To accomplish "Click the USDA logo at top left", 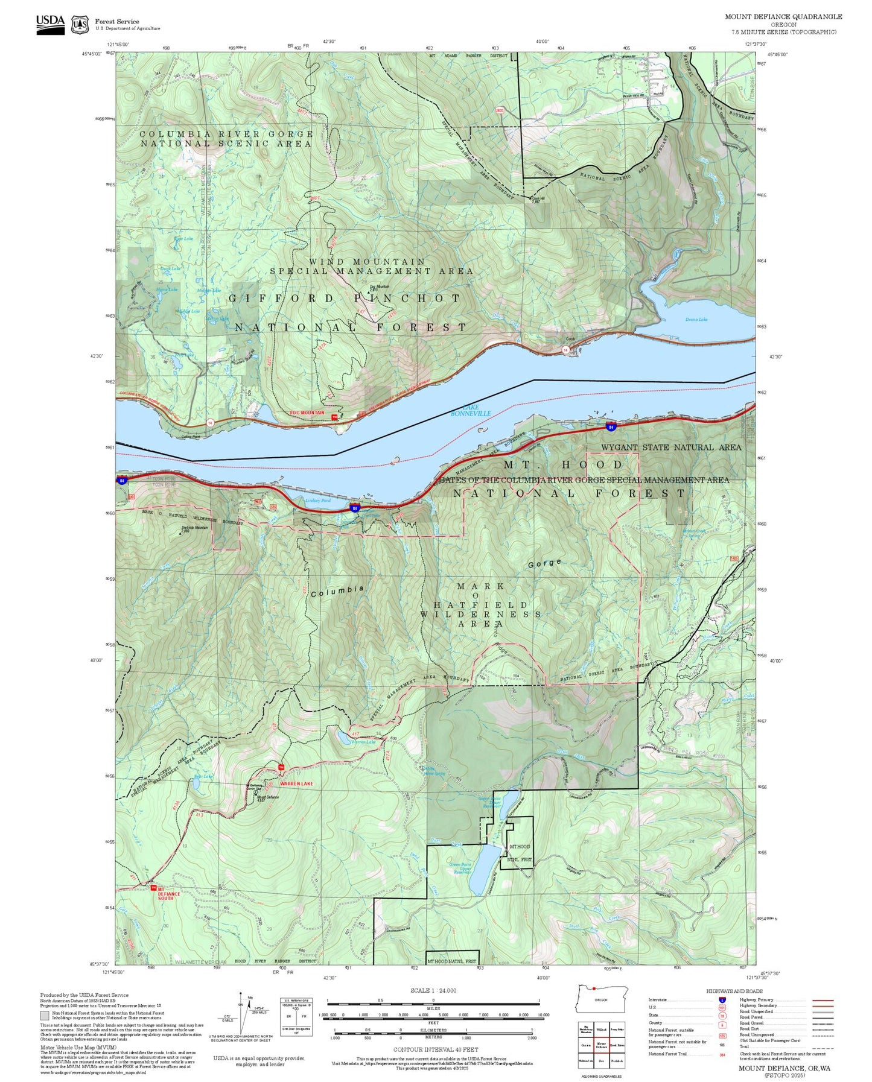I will (50, 24).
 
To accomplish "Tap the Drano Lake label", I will (696, 320).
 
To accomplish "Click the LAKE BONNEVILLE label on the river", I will (471, 411).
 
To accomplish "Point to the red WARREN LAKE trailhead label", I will (296, 783).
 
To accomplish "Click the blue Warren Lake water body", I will (342, 737).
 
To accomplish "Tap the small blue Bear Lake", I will (196, 784).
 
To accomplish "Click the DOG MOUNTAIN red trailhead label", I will (307, 413).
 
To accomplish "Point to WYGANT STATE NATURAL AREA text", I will (670, 448).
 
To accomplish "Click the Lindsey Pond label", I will (318, 501).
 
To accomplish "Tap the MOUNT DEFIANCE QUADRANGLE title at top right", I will (783, 16).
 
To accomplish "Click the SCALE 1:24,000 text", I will (433, 990).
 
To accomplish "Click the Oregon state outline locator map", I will (602, 999).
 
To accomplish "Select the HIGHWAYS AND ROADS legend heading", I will (734, 991).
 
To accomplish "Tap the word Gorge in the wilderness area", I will (544, 563).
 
